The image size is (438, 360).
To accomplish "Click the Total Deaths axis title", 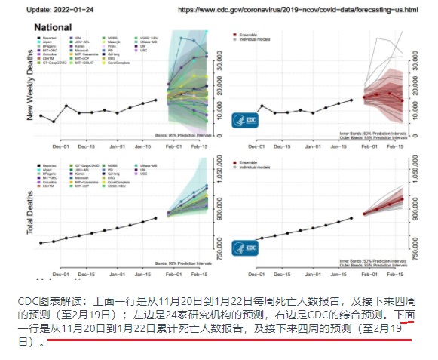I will (x=31, y=212).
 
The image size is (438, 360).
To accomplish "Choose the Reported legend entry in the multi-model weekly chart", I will (x=54, y=36).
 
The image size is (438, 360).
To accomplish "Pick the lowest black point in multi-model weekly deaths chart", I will (x=53, y=121).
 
